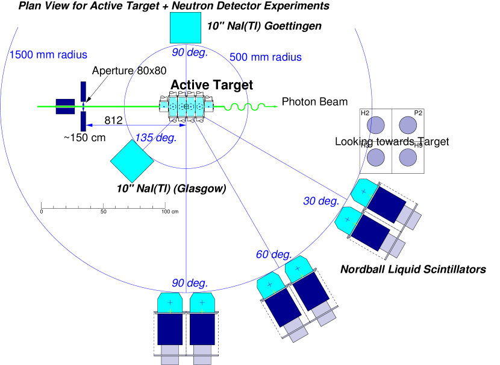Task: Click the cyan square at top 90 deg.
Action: click(185, 28)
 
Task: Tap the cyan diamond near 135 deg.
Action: click(132, 161)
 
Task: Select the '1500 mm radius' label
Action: click(48, 55)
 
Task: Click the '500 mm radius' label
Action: click(265, 57)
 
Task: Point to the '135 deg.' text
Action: click(155, 138)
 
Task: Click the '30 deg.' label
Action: click(321, 201)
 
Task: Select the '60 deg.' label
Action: click(273, 255)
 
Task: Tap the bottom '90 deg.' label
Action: click(190, 283)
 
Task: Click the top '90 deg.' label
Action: click(190, 52)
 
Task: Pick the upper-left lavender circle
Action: click(376, 125)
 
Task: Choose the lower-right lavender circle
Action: click(408, 157)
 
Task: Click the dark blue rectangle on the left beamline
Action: click(65, 106)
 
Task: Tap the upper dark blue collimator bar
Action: click(83, 91)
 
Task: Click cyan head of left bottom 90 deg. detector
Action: click(170, 302)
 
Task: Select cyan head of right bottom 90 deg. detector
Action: click(202, 302)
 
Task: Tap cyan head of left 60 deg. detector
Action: click(270, 285)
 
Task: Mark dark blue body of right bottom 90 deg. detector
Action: click(202, 329)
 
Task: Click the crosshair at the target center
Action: click(186, 106)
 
